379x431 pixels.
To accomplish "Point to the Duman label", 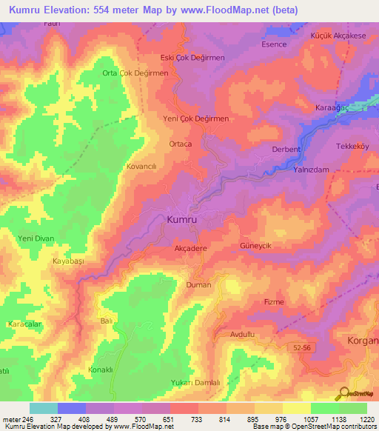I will click(198, 284).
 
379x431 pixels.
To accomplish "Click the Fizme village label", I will click(274, 302).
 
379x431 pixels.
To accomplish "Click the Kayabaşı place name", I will click(69, 262).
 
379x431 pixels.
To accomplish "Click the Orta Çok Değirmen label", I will click(135, 73).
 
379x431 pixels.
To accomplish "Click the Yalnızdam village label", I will click(311, 169).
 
